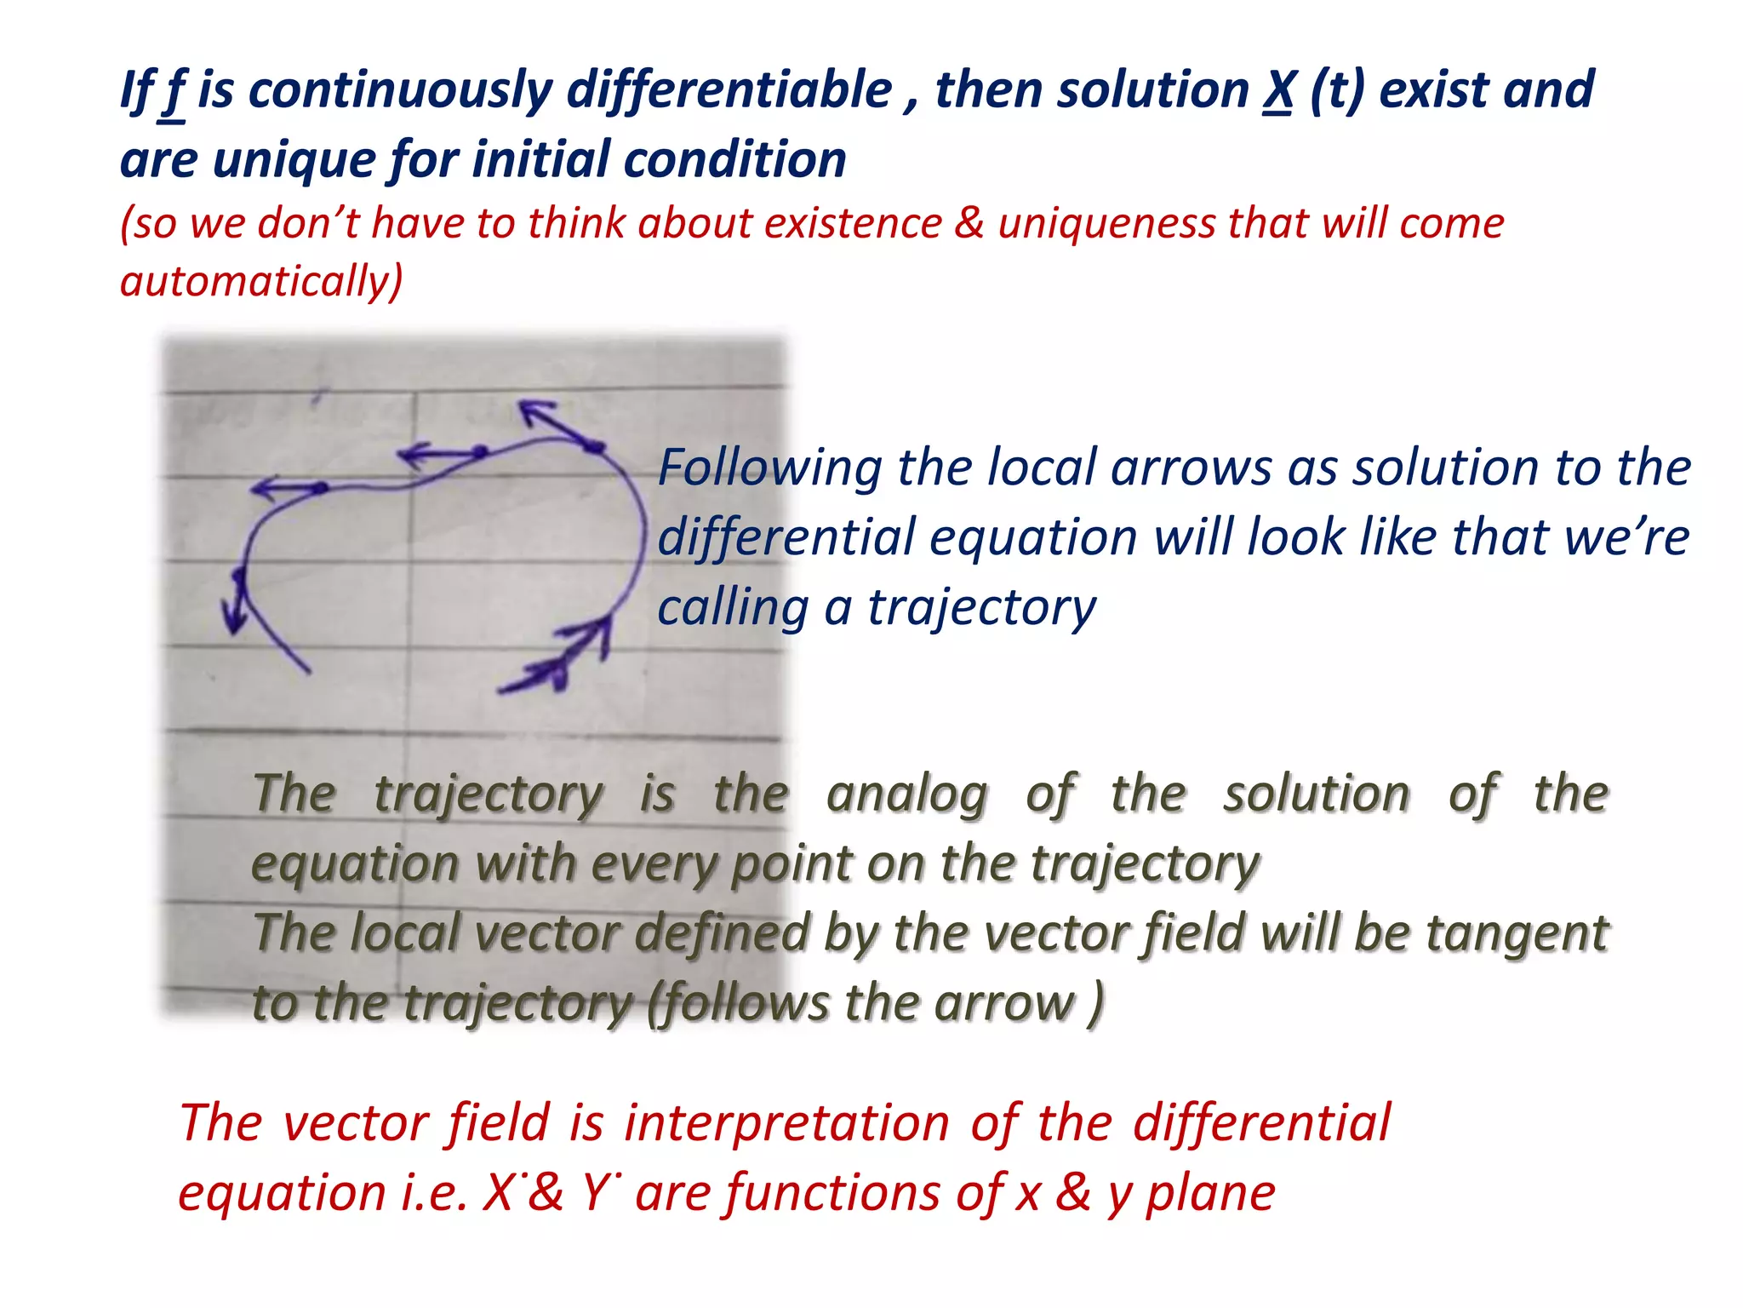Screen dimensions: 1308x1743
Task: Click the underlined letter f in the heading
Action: coord(173,92)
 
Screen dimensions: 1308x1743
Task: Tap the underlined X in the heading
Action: coord(1277,90)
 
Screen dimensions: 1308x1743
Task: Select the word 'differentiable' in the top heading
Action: coord(729,90)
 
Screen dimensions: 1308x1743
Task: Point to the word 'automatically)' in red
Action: coord(261,281)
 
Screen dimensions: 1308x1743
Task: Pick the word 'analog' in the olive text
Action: coord(907,795)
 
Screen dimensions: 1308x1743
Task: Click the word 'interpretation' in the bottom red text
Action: coord(787,1122)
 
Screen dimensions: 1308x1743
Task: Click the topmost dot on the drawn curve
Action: coord(593,446)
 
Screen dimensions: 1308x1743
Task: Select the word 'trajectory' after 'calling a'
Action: coord(981,609)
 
